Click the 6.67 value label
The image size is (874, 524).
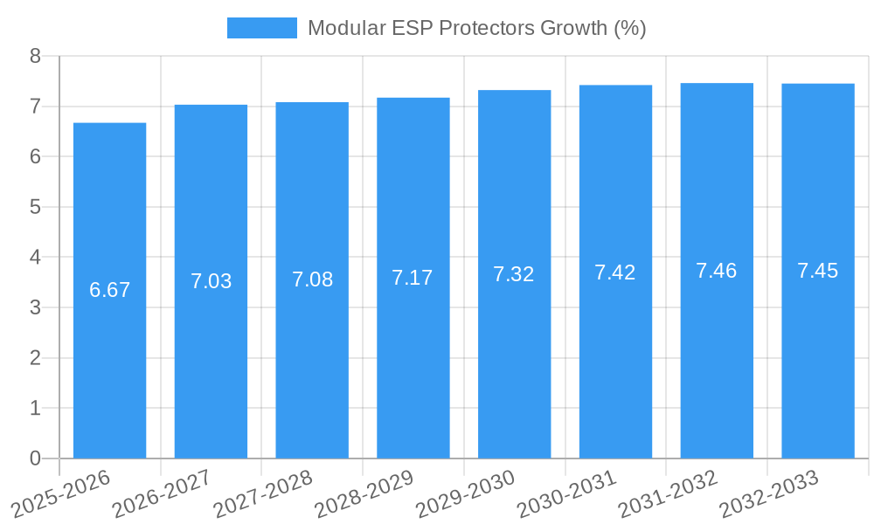(109, 290)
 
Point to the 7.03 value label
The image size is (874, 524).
(211, 281)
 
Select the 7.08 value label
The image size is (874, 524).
(312, 279)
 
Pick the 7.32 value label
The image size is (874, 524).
(514, 274)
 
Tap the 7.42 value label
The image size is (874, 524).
(615, 272)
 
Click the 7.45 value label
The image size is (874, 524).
(818, 271)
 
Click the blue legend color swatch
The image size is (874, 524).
(261, 28)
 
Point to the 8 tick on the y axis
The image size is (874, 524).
(35, 56)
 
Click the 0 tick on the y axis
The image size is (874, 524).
(35, 458)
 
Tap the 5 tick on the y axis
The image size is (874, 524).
(35, 207)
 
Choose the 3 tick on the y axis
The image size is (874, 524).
(35, 307)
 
